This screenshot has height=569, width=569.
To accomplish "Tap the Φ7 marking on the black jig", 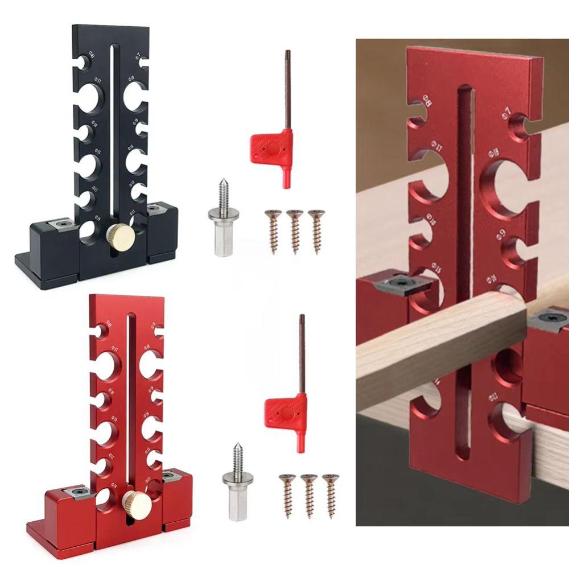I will (138, 56).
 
